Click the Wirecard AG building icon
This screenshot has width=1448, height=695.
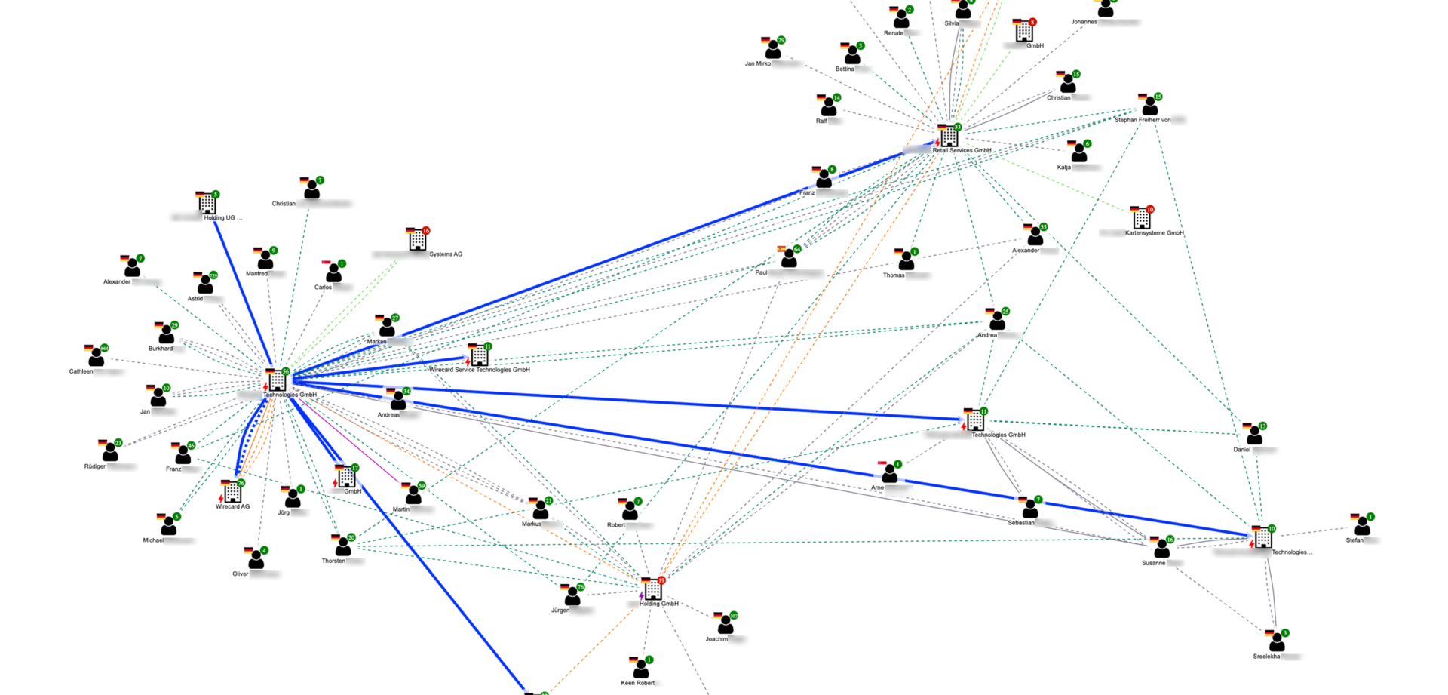pos(232,493)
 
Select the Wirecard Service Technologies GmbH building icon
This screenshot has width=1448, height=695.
pos(479,355)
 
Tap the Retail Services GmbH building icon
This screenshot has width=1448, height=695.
pos(949,137)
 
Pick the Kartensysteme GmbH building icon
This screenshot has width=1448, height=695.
pos(1142,219)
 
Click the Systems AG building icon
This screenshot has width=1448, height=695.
pos(417,240)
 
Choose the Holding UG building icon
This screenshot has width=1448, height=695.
pos(207,204)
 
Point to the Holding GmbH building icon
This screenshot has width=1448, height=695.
pos(653,590)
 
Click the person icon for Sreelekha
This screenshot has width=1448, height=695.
pos(1277,642)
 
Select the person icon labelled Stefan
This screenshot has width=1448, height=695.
pos(1362,526)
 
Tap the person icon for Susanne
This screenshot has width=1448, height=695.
pos(1161,549)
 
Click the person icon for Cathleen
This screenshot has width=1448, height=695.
pos(96,357)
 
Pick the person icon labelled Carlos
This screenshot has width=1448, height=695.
pos(333,273)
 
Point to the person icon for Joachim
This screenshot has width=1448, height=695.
pos(726,625)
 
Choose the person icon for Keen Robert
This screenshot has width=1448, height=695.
pos(641,669)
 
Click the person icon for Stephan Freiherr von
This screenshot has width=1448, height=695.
pos(1149,106)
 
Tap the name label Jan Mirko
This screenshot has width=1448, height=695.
pos(758,64)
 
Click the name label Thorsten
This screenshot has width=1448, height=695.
pos(333,561)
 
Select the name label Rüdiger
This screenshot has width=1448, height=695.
pos(95,467)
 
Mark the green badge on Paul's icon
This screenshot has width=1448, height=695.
pos(797,249)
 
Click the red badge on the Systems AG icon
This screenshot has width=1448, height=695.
pos(426,231)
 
